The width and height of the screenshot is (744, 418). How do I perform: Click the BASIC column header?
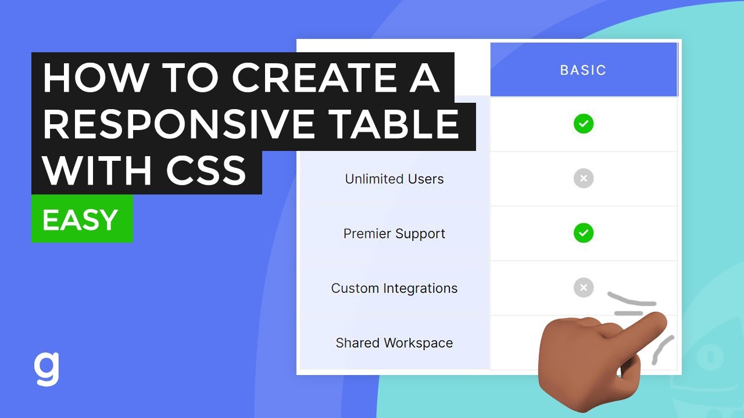coord(583,70)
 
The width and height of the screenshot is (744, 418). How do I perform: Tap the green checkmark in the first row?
coord(584,124)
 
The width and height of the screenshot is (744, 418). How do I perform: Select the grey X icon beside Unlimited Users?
coord(584,178)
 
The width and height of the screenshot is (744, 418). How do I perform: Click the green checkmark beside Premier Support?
coord(584,233)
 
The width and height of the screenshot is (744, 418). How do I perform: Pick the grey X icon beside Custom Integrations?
coord(584,287)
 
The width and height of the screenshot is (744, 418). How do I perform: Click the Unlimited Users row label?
coord(394,179)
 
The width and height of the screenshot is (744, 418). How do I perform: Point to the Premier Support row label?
coord(394,233)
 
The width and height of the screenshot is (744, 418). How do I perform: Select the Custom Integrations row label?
coord(394,288)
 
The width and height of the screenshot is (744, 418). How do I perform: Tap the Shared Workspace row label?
coord(394,343)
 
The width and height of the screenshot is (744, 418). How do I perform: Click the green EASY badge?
coord(81,219)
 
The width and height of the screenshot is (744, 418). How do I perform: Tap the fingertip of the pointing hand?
coord(657,319)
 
